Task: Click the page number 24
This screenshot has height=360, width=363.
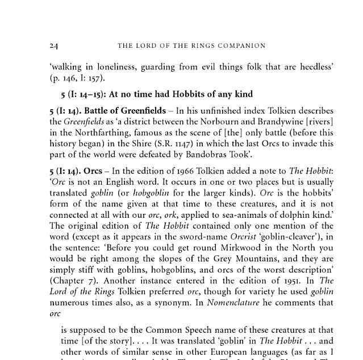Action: point(54,45)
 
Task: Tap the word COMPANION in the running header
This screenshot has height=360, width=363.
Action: point(239,45)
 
